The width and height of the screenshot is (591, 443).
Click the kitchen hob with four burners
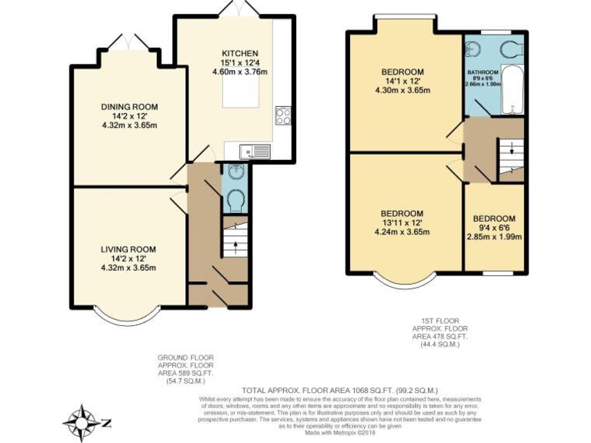(282, 115)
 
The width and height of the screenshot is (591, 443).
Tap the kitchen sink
(253, 151)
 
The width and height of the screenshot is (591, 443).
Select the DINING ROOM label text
(129, 107)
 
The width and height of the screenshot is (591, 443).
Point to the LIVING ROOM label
(129, 249)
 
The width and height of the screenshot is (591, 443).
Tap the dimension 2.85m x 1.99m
(494, 237)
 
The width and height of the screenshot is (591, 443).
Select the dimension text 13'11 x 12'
(402, 222)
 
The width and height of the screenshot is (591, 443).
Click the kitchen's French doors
(235, 9)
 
